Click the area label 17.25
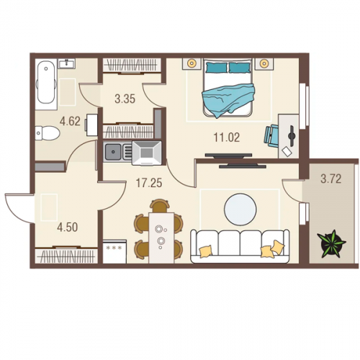tap(149, 183)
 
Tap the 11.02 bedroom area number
tap(227, 138)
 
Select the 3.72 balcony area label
tap(331, 179)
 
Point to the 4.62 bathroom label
tap(70, 122)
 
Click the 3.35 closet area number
tap(125, 99)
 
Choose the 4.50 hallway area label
tap(68, 228)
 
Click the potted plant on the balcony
tap(332, 243)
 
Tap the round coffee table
tap(240, 210)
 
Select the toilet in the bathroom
tap(47, 133)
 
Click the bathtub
tap(46, 82)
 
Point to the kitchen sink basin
tap(113, 152)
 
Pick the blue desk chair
tap(271, 135)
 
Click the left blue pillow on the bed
tap(217, 67)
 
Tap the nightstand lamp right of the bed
tap(264, 64)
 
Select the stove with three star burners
tap(114, 251)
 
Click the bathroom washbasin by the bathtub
tap(67, 64)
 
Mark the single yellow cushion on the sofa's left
tap(206, 251)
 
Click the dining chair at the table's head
tap(160, 206)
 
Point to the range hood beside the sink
tap(147, 153)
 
